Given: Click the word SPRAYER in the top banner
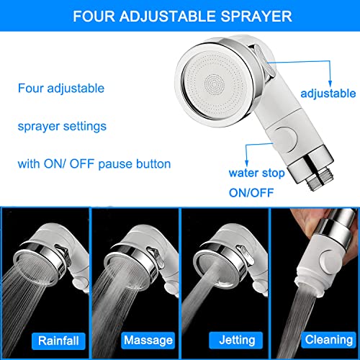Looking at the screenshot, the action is click(x=256, y=17).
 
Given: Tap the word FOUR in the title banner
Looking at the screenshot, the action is click(x=94, y=17).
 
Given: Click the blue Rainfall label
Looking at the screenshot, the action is click(x=58, y=341).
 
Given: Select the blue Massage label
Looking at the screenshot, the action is click(x=148, y=341).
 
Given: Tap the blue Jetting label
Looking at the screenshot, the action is click(x=236, y=340).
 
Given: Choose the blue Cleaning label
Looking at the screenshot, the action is click(x=329, y=340).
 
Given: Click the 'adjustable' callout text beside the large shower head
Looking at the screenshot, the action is click(x=328, y=94).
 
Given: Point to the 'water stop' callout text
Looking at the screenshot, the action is click(x=256, y=173).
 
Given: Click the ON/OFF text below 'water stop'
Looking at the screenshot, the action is click(x=251, y=193).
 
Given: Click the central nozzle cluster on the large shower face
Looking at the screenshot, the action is click(x=215, y=84).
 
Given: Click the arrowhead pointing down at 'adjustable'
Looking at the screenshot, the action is click(x=330, y=84).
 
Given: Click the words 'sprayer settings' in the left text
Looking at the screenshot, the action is click(x=62, y=127).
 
